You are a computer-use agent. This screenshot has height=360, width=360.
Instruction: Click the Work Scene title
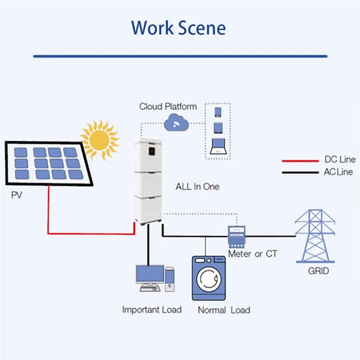[x=179, y=28]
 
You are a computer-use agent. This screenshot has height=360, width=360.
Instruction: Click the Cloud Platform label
[x=168, y=106]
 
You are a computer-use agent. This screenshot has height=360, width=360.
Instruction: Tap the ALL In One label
[x=198, y=187]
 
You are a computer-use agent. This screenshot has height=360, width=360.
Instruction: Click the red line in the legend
[x=300, y=161]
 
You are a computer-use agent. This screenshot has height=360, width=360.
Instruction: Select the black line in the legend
[x=300, y=173]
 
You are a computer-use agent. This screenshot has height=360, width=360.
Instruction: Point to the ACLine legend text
[x=339, y=172]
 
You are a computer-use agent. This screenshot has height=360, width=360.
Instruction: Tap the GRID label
[x=318, y=271]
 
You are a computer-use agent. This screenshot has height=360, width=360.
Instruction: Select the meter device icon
[x=238, y=236]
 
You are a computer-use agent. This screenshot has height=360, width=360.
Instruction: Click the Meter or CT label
[x=252, y=254]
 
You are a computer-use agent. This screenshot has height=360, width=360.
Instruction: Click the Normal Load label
[x=224, y=310]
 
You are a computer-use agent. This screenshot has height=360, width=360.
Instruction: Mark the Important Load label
[x=152, y=310]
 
